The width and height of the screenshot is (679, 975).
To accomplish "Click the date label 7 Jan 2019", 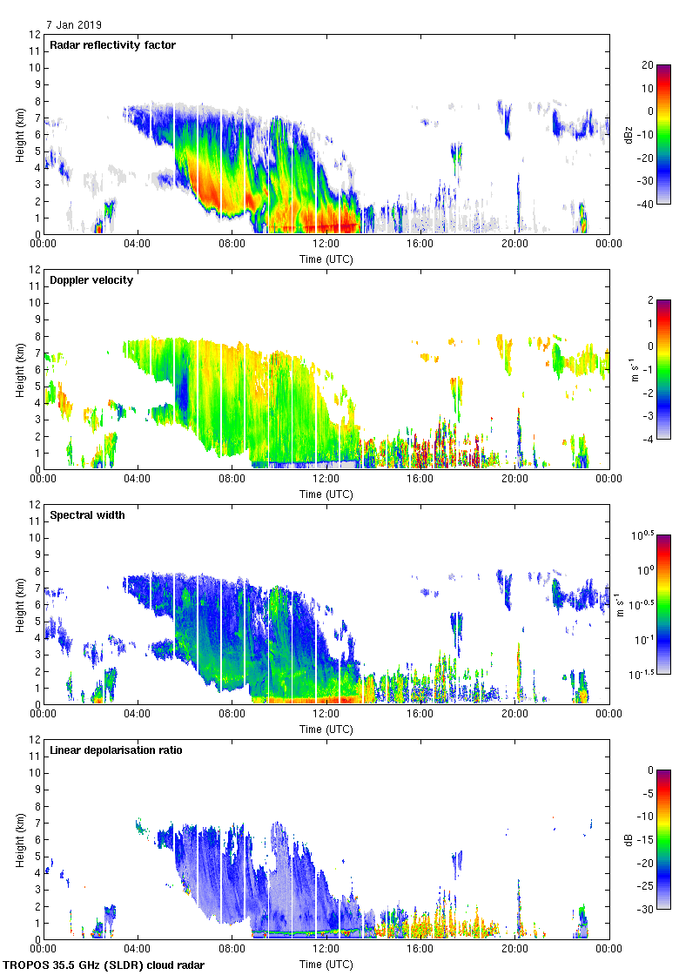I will (74, 25).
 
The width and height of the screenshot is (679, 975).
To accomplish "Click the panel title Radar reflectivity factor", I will (113, 45).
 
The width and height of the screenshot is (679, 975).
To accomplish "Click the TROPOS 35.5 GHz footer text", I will (104, 965).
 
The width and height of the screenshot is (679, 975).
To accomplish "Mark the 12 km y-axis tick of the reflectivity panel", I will (36, 35).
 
